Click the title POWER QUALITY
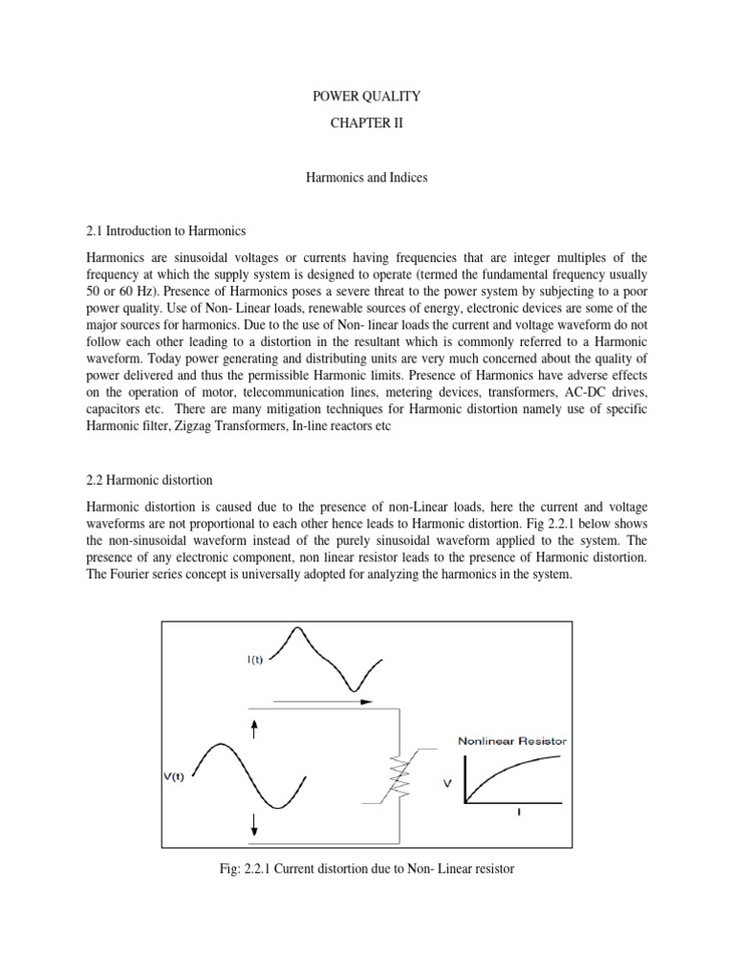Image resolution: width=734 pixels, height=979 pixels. click(367, 97)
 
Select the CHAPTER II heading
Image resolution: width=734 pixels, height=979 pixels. click(367, 123)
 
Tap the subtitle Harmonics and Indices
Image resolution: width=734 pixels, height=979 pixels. click(367, 177)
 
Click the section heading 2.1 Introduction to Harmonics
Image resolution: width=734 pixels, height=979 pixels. click(166, 230)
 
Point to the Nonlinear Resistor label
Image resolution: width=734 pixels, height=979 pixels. click(512, 740)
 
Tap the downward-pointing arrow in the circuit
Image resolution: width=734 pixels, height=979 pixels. click(254, 824)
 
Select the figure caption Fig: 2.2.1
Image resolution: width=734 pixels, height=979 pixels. click(367, 870)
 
